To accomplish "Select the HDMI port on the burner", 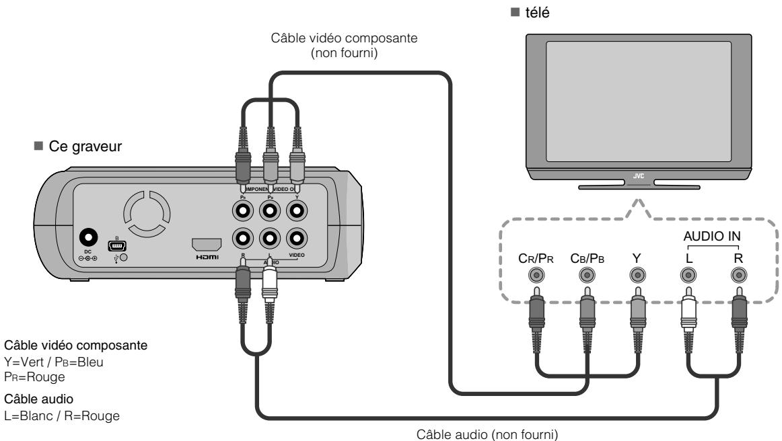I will click(207, 245).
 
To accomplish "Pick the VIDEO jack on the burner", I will click(296, 238).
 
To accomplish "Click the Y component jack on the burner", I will click(296, 210).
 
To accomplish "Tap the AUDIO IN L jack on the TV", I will click(687, 275).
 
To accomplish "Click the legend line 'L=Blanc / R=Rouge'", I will click(62, 416).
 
